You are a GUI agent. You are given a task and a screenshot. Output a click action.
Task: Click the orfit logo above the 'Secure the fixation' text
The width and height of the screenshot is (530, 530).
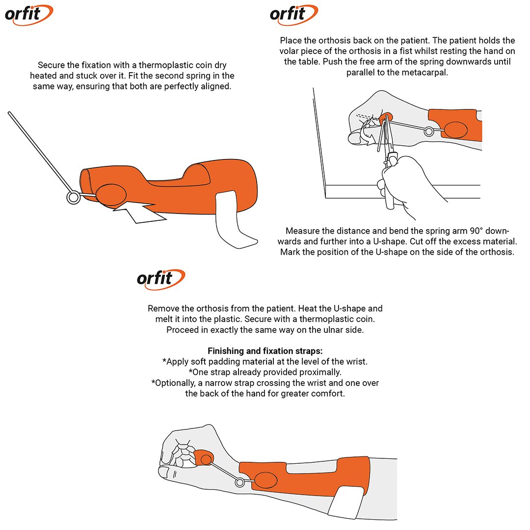pyautogui.click(x=29, y=15)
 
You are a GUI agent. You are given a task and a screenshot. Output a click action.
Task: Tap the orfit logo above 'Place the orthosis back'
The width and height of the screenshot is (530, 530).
pyautogui.click(x=294, y=15)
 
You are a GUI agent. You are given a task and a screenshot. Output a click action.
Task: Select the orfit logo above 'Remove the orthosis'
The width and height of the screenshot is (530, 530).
pyautogui.click(x=161, y=280)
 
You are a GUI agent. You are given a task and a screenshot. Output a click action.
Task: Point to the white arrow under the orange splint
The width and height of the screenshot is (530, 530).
pyautogui.click(x=139, y=212)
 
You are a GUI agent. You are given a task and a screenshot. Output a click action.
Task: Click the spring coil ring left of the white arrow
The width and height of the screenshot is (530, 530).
pyautogui.click(x=73, y=197)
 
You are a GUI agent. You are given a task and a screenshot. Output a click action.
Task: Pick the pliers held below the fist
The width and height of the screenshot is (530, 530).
pyautogui.click(x=388, y=162)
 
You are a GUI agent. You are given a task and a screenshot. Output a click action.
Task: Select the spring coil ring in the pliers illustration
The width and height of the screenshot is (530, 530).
pyautogui.click(x=429, y=131)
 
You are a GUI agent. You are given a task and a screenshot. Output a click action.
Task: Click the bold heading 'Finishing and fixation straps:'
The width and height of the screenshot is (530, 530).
pyautogui.click(x=265, y=351)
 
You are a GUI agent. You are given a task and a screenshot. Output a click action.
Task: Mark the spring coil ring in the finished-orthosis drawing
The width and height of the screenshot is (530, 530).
pyautogui.click(x=239, y=482)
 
